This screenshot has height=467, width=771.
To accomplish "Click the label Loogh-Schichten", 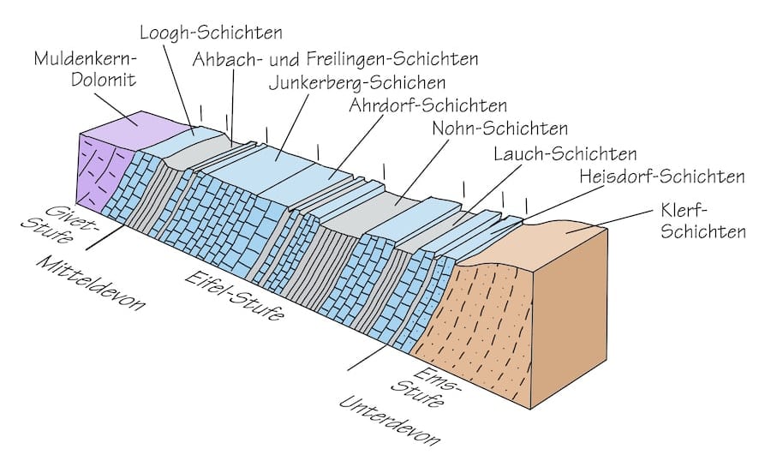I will pyautogui.click(x=211, y=34).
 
